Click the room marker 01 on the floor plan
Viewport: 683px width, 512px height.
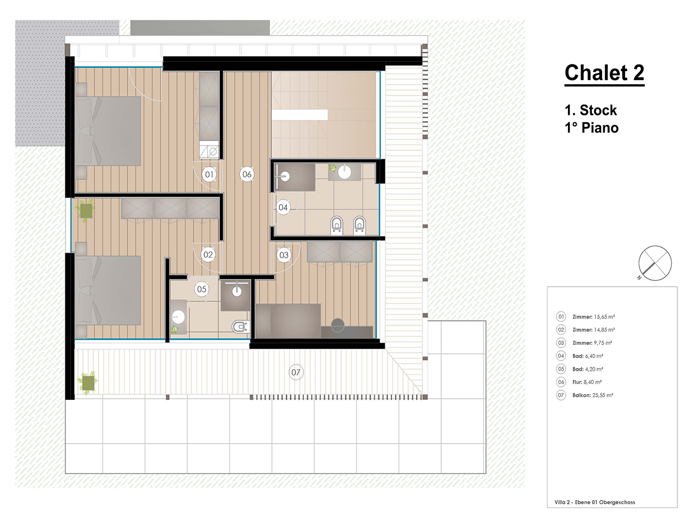209,175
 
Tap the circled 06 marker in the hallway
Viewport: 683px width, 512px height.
247,175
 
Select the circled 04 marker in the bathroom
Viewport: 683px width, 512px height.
283,207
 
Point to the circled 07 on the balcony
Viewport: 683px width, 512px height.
295,372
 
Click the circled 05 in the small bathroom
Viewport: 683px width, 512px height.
201,289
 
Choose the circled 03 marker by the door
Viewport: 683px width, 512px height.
284,255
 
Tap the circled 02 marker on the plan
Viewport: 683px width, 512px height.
208,255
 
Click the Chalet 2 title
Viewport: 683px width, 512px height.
604,74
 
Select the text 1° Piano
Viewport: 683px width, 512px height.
591,128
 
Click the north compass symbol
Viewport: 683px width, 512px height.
654,263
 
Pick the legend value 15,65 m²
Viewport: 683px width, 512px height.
604,317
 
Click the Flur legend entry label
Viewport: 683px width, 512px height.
577,382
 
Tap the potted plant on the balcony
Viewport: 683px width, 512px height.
88,383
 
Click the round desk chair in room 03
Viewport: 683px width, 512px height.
338,325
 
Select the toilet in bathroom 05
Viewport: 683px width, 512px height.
240,327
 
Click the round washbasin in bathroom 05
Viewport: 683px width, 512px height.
178,317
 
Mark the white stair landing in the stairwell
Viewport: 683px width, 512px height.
299,115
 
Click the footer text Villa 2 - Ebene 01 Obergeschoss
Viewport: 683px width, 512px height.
595,502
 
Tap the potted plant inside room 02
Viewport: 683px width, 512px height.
85,210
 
